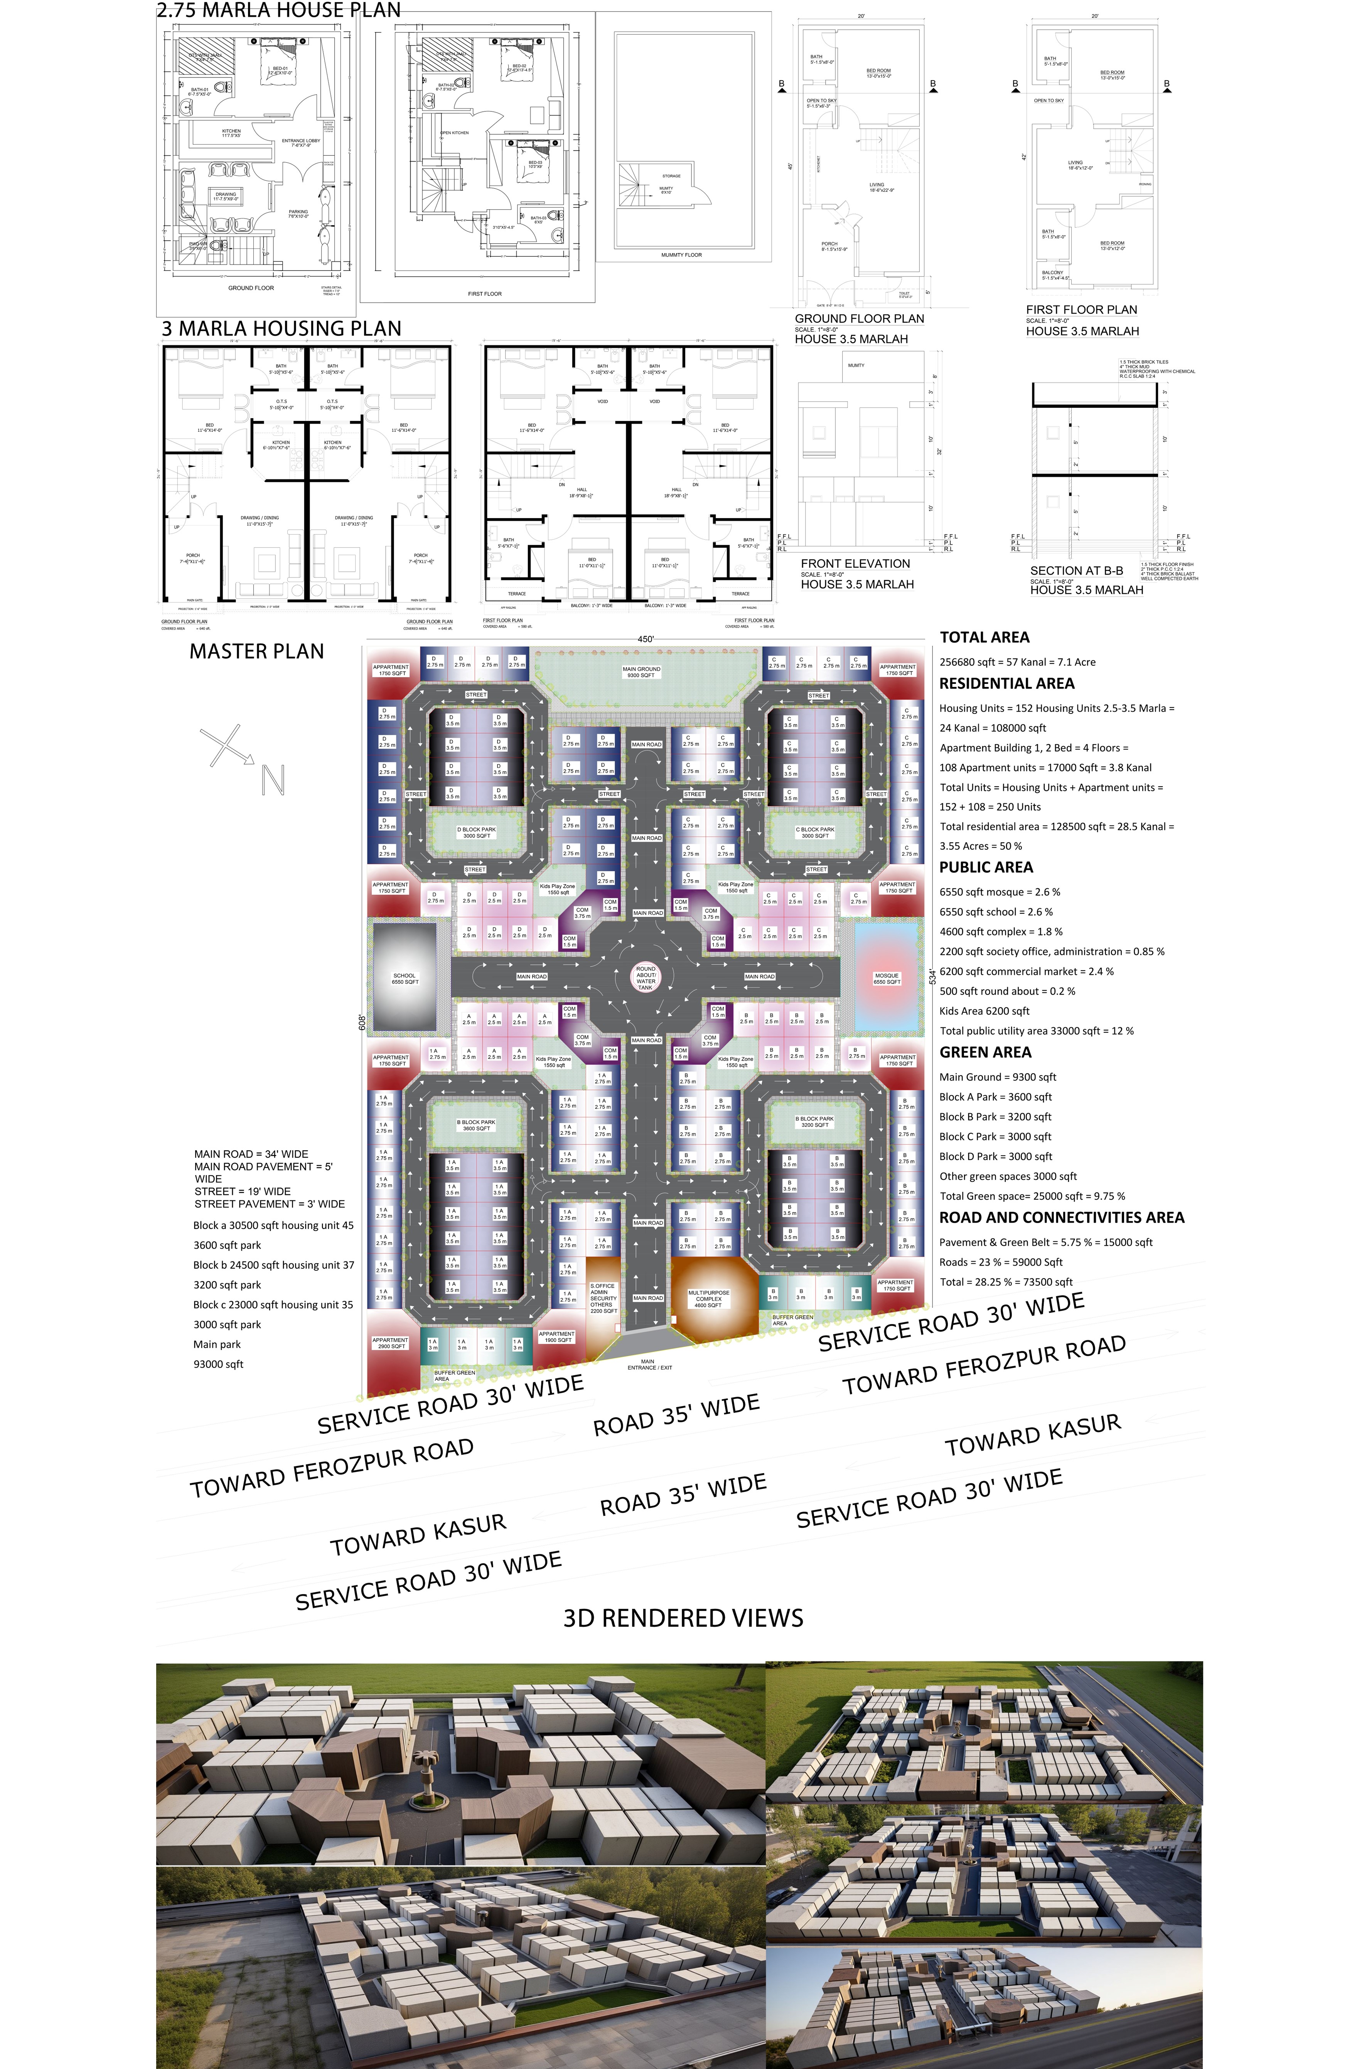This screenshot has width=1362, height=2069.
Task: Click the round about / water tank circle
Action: point(646,977)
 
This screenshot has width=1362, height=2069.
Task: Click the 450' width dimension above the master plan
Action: point(646,639)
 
